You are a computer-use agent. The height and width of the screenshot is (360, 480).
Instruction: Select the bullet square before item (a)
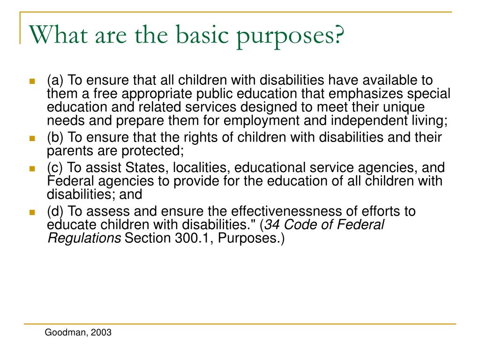point(32,81)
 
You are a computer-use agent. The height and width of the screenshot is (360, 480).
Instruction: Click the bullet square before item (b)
point(32,139)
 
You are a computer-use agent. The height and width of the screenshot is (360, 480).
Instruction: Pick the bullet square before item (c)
point(32,168)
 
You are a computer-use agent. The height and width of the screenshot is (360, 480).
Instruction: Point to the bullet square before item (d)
point(32,212)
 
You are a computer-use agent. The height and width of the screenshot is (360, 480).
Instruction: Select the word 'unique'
point(403,107)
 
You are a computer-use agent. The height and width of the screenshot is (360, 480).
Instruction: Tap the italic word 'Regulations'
point(84,238)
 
